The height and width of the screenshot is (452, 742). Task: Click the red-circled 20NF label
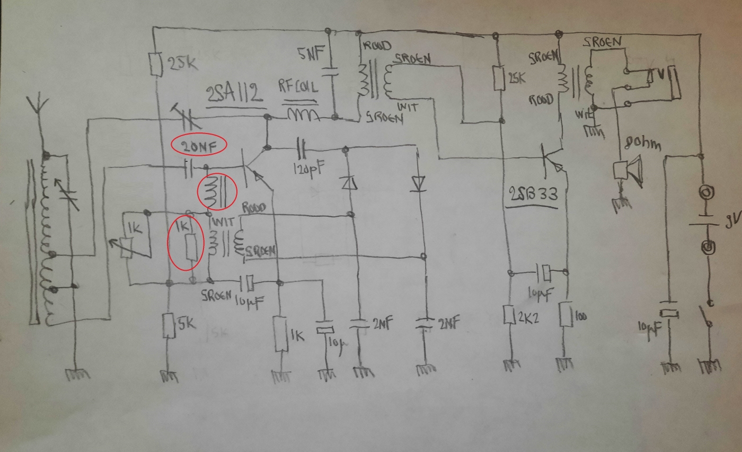pyautogui.click(x=199, y=145)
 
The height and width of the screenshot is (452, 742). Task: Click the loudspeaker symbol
pyautogui.click(x=628, y=170)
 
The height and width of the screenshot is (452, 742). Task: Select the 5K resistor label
pyautogui.click(x=186, y=322)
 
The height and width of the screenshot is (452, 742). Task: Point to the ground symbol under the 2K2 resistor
pyautogui.click(x=511, y=364)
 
